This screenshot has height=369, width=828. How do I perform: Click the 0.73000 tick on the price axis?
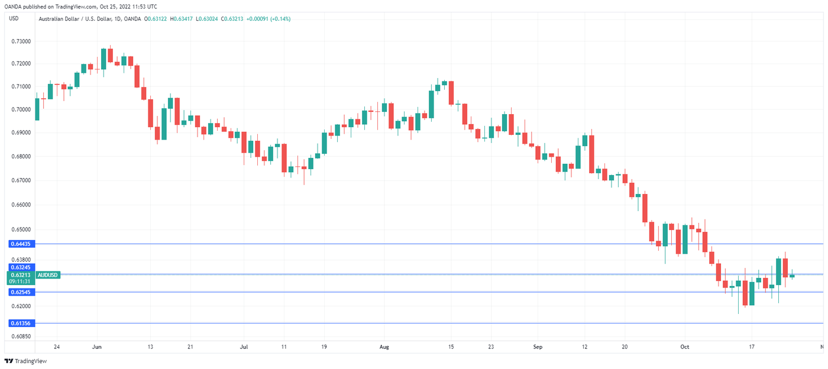point(20,41)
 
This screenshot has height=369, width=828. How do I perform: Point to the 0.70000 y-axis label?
point(20,109)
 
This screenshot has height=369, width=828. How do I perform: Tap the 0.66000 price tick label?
point(20,205)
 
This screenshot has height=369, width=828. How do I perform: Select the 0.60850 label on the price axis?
point(20,336)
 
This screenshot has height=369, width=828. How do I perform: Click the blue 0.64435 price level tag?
point(20,244)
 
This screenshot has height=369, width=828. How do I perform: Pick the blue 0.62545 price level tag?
point(20,292)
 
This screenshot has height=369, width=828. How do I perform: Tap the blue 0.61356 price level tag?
point(20,323)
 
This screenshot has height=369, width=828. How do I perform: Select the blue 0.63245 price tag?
point(20,267)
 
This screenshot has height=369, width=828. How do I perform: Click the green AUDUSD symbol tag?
point(48,275)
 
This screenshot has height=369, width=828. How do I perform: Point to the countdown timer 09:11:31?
point(20,281)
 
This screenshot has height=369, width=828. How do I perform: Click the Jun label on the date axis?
point(98,348)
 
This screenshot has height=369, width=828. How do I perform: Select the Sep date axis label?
point(537,348)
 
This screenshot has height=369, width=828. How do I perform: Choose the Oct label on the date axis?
point(684,348)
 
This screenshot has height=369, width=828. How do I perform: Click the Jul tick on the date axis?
point(244,348)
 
